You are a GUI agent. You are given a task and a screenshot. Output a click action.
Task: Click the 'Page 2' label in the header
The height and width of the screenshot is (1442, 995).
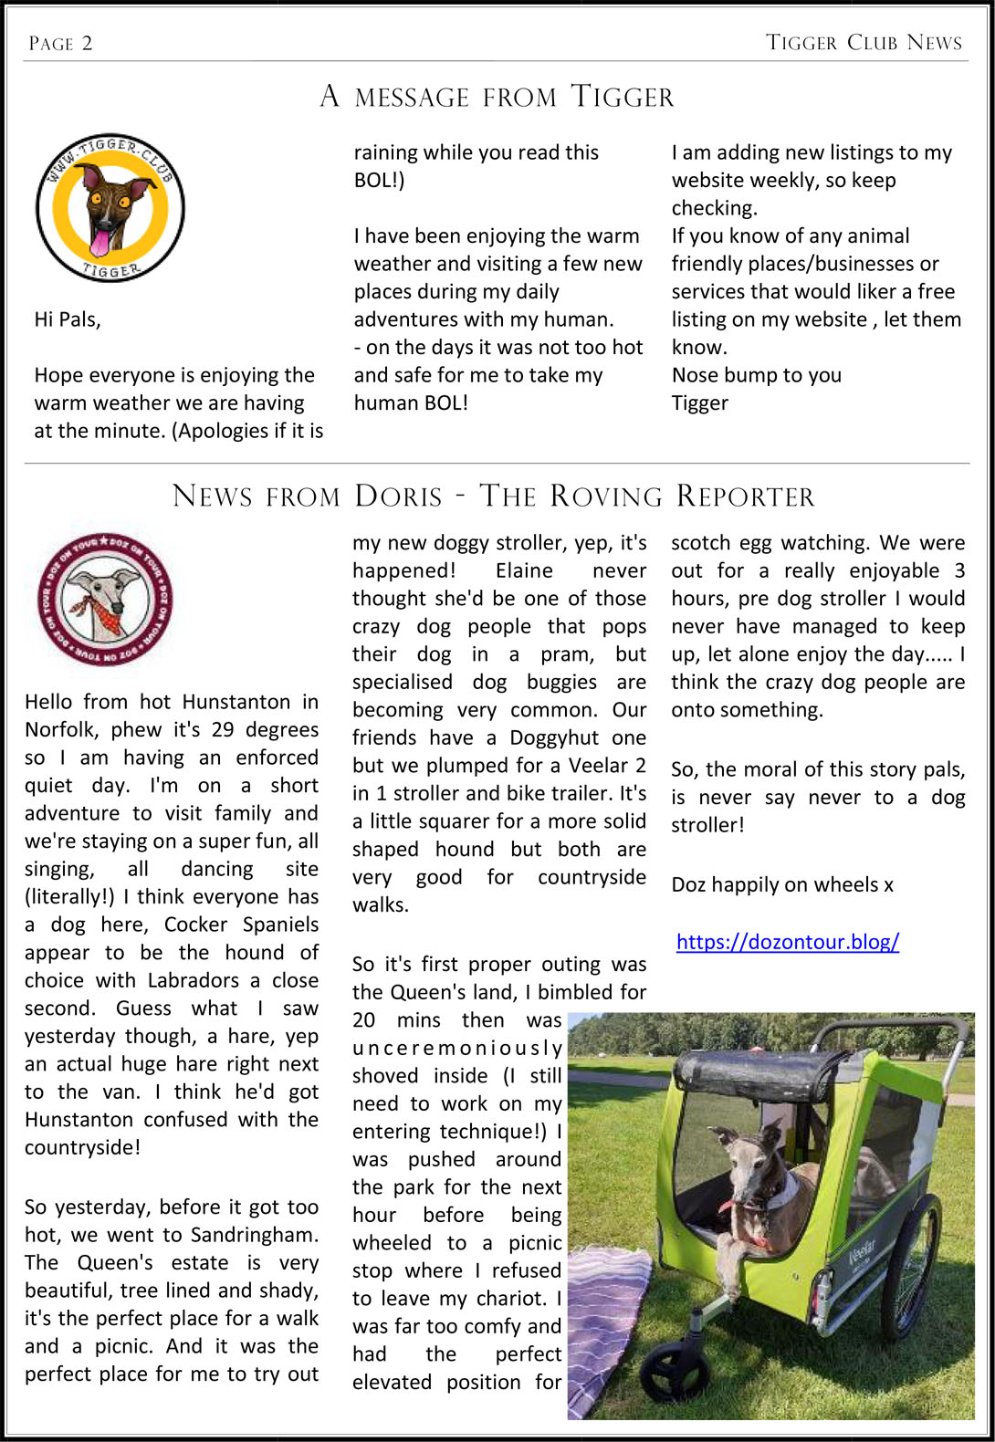pyautogui.click(x=60, y=43)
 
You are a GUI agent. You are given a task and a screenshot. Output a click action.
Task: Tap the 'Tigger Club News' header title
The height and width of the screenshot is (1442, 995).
pyautogui.click(x=864, y=42)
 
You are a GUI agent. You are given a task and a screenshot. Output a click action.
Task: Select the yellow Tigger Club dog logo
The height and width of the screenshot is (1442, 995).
pyautogui.click(x=110, y=208)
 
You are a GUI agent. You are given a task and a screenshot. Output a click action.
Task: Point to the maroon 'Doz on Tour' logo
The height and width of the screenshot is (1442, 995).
pyautogui.click(x=105, y=600)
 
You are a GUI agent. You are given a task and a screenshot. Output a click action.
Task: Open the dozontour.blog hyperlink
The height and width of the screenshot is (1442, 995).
pyautogui.click(x=787, y=942)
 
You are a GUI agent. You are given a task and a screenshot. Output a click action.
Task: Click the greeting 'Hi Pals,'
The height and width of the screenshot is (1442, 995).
pyautogui.click(x=68, y=319)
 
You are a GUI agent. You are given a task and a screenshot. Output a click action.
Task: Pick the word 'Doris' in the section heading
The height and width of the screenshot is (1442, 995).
pyautogui.click(x=398, y=496)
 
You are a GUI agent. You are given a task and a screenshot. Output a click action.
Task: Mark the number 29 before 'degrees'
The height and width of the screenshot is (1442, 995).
pyautogui.click(x=222, y=730)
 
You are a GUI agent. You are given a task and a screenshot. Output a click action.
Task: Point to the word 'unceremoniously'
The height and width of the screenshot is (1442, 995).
pyautogui.click(x=456, y=1048)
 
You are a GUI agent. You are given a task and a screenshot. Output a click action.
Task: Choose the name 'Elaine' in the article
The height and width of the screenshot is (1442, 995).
pyautogui.click(x=524, y=570)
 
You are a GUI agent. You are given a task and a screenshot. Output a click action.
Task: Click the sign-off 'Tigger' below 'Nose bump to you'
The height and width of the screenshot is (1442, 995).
pyautogui.click(x=699, y=403)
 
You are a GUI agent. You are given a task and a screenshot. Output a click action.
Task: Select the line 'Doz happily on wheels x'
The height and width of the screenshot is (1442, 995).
pyautogui.click(x=782, y=884)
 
